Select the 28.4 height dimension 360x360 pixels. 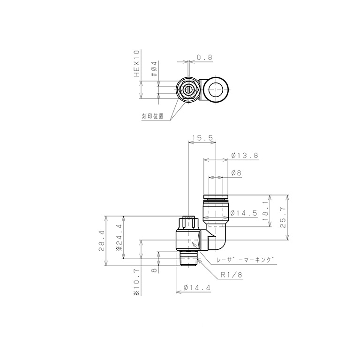[x=102, y=241]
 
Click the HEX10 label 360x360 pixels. [x=137, y=64]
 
